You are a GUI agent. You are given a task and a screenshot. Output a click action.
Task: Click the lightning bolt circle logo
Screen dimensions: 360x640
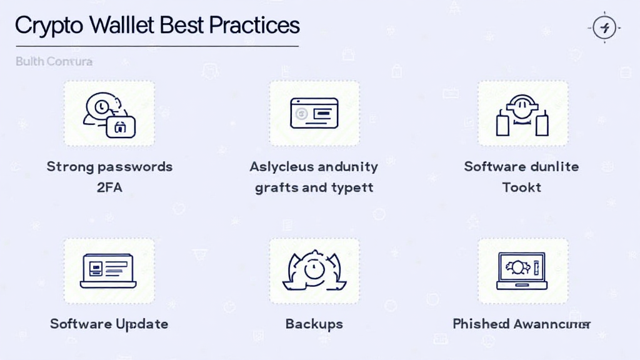(604, 27)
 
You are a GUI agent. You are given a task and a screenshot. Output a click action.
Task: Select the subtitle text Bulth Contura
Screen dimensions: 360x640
(54, 61)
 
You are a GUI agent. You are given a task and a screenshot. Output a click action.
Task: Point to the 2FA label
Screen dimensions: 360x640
(109, 187)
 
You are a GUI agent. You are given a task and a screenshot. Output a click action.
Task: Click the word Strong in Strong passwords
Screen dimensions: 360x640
(70, 167)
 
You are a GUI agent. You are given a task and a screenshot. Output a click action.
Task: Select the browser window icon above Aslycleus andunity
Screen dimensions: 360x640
(314, 113)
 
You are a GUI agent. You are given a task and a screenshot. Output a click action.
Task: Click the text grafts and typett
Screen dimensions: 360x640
(314, 187)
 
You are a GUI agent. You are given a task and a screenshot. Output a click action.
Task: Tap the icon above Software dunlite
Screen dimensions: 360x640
(522, 114)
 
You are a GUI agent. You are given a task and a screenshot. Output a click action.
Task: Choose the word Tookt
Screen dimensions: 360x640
(522, 187)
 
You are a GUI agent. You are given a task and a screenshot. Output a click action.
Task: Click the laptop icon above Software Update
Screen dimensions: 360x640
(108, 271)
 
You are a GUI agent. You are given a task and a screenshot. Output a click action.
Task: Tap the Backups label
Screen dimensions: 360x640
(314, 324)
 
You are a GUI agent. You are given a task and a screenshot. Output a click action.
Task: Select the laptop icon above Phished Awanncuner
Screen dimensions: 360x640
(522, 271)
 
